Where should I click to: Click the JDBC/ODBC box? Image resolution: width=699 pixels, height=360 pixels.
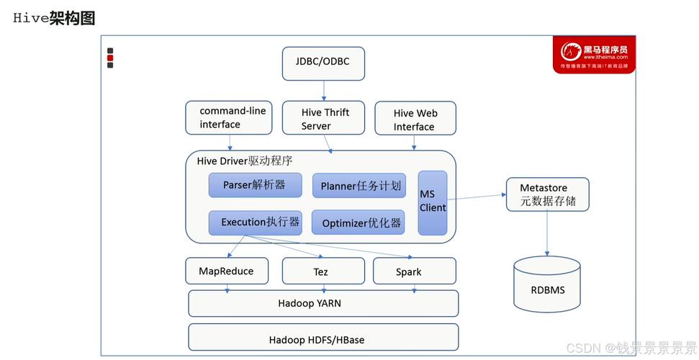[x=323, y=63]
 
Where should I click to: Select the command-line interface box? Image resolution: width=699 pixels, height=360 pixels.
[x=229, y=117]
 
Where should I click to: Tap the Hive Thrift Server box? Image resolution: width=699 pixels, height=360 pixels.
[x=325, y=119]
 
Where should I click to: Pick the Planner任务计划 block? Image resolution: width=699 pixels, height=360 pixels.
[x=358, y=186]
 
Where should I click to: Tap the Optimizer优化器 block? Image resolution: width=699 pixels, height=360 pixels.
[x=358, y=223]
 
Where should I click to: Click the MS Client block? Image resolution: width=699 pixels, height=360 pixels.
[x=433, y=202]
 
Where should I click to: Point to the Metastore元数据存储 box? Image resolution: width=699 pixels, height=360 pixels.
[x=547, y=194]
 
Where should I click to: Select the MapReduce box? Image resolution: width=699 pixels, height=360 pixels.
[x=226, y=271]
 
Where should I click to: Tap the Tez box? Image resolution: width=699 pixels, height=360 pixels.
[x=321, y=271]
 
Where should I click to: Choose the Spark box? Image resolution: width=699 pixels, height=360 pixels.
[x=414, y=271]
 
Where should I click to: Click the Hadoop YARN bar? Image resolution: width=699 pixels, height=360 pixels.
[x=323, y=303]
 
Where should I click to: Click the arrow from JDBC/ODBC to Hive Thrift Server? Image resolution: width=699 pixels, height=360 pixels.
[x=324, y=90]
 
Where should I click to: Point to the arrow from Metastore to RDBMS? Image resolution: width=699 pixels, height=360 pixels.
[x=547, y=233]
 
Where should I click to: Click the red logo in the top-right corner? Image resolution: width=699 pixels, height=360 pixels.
[x=594, y=55]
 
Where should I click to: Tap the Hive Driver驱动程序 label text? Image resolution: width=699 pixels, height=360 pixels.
[x=245, y=161]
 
